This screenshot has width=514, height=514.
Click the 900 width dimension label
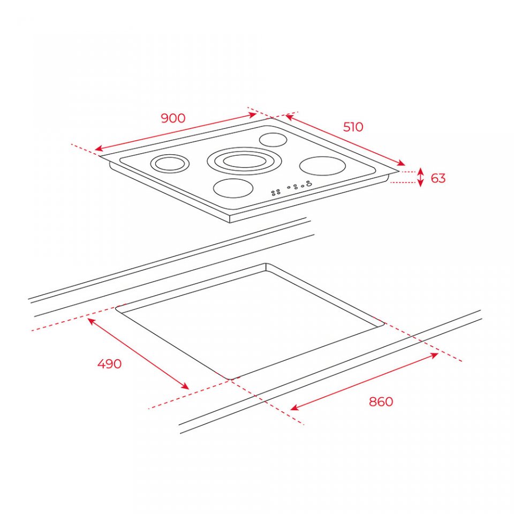pyautogui.click(x=173, y=118)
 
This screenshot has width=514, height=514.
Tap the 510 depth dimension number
pyautogui.click(x=353, y=127)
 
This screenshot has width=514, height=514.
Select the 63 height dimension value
pyautogui.click(x=438, y=178)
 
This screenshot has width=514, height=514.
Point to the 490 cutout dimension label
pyautogui.click(x=109, y=364)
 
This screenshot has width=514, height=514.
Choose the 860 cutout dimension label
pyautogui.click(x=381, y=402)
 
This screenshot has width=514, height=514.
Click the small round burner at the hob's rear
pyautogui.click(x=273, y=140)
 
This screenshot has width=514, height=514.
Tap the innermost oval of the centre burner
pyautogui.click(x=244, y=162)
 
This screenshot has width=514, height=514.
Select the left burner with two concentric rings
pyautogui.click(x=170, y=163)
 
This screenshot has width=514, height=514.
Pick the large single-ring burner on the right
pyautogui.click(x=322, y=166)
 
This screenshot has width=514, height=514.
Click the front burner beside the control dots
pyautogui.click(x=233, y=188)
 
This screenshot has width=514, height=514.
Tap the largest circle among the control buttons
pyautogui.click(x=308, y=185)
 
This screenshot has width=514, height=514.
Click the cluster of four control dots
pyautogui.click(x=276, y=192)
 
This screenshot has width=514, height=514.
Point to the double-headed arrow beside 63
pyautogui.click(x=421, y=177)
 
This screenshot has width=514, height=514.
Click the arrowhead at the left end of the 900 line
pyautogui.click(x=97, y=149)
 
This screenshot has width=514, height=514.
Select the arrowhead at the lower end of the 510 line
pyautogui.click(x=402, y=163)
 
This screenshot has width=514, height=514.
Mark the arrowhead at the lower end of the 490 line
pyautogui.click(x=186, y=387)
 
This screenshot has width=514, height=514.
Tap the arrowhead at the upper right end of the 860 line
pyautogui.click(x=435, y=355)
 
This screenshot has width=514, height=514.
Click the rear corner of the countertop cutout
pyautogui.click(x=266, y=263)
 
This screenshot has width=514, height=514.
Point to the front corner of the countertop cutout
pyautogui.click(x=230, y=379)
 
